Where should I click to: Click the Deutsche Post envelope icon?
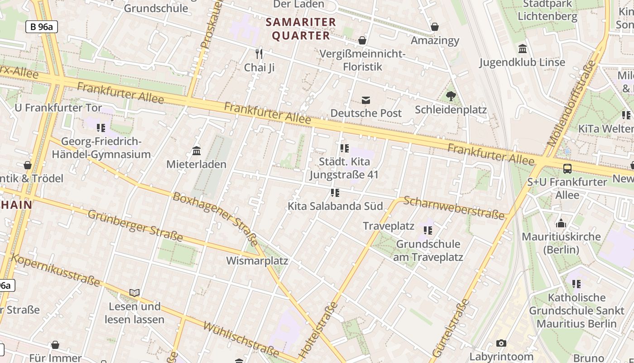[x=365, y=100]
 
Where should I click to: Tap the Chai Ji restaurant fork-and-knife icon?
[x=259, y=54]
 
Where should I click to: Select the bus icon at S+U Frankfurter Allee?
[x=567, y=169]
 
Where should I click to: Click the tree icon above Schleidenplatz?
[x=451, y=96]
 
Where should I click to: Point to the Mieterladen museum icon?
[x=197, y=151]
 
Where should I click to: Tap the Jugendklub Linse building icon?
[x=522, y=49]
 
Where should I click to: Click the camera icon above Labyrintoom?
[x=501, y=343]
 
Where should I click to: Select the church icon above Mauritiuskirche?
[x=561, y=223]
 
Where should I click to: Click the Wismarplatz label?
[x=257, y=261]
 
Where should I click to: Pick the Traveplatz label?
[x=389, y=226]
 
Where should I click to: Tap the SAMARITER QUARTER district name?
[x=301, y=29]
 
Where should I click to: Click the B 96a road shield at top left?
[x=42, y=27]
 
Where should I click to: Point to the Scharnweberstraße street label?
[x=453, y=208]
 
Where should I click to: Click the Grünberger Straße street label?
[x=135, y=226]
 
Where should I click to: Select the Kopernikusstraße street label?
[x=55, y=270]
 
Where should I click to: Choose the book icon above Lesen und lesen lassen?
[x=134, y=293]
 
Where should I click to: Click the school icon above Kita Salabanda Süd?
[x=335, y=193]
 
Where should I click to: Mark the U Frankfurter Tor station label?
[x=55, y=108]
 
